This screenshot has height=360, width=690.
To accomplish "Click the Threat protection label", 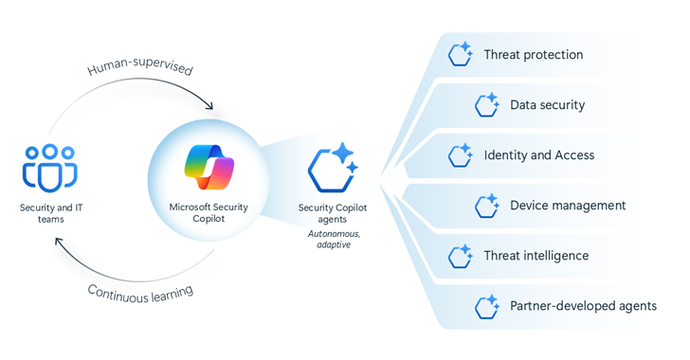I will click(x=533, y=54).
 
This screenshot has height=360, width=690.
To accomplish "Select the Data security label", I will click(x=547, y=105).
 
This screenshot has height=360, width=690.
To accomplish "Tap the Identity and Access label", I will click(x=538, y=154).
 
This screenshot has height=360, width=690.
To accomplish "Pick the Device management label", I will click(x=567, y=205).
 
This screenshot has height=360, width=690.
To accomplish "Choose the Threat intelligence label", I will click(x=536, y=255).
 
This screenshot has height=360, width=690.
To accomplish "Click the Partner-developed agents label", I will click(x=583, y=305).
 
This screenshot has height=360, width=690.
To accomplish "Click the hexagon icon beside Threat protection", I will click(x=462, y=54).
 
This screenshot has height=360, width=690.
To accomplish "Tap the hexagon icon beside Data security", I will click(x=487, y=104).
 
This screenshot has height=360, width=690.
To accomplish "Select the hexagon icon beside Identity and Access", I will click(x=462, y=154).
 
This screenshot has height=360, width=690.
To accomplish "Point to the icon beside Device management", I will click(x=487, y=205).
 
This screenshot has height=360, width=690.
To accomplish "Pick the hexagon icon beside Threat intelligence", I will click(x=462, y=255).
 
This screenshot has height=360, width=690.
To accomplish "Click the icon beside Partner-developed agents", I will click(x=487, y=305).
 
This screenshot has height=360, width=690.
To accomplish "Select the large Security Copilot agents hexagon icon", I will click(x=332, y=169).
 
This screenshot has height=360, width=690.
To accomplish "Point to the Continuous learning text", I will click(x=140, y=291).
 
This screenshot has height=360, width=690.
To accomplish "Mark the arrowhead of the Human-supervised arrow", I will click(x=209, y=105).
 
